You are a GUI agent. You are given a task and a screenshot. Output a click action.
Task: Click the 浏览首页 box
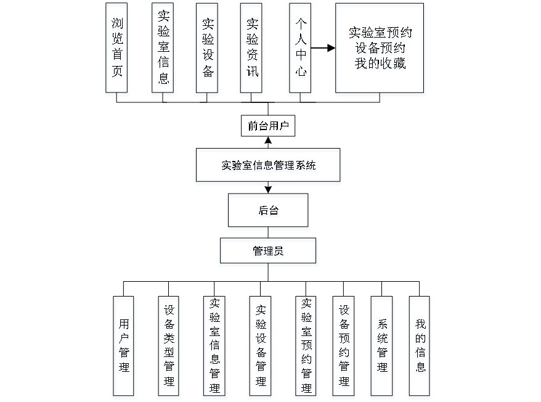[x=117, y=49]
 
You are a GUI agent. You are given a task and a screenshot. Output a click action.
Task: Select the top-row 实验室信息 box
[x=163, y=49]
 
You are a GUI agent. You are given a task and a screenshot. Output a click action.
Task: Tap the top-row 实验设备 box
[x=208, y=49]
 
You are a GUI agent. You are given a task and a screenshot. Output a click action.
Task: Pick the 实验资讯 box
[x=252, y=49]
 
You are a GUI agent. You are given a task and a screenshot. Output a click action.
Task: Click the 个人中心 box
[x=300, y=49]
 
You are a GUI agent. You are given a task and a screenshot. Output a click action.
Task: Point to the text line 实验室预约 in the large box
[x=380, y=33]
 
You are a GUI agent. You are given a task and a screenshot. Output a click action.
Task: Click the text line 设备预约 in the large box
[x=380, y=48]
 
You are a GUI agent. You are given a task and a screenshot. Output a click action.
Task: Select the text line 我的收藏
[x=380, y=64]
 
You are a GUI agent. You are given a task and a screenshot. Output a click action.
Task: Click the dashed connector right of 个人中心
[x=323, y=47]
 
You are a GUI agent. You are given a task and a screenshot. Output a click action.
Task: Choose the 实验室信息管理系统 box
[x=268, y=166]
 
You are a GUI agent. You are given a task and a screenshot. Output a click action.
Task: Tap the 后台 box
[x=268, y=212]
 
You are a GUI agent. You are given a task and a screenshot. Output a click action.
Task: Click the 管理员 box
[x=268, y=252]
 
